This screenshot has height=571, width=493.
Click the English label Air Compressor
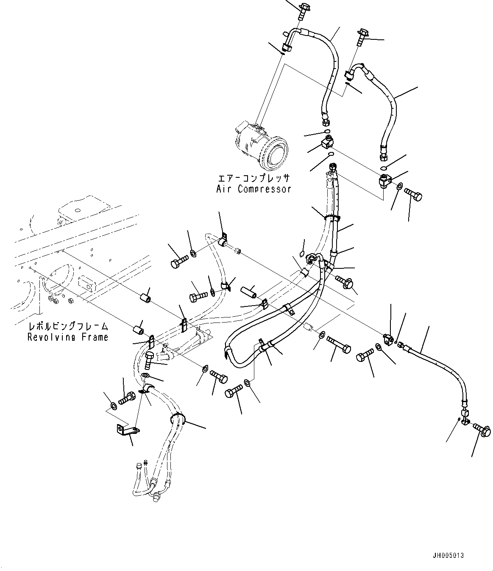pos(253,189)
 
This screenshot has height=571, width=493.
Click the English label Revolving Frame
pos(68,337)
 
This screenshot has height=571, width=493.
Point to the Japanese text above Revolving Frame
pos(68,326)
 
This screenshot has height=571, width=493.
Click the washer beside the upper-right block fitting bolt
pos(400,186)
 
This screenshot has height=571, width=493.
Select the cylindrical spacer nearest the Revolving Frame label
pos(138,329)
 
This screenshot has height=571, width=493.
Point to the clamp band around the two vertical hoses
pos(332,218)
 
